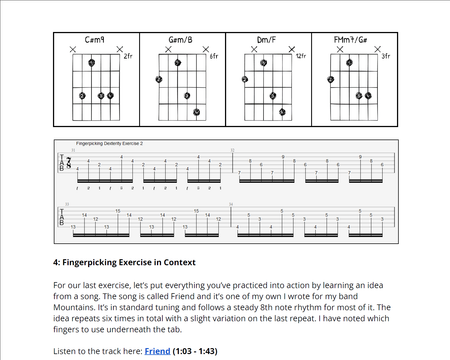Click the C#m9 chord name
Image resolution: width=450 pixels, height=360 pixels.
98,39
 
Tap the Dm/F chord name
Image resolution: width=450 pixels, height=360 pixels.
268,39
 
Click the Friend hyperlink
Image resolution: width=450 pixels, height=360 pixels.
157,351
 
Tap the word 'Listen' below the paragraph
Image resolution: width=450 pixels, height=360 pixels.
67,351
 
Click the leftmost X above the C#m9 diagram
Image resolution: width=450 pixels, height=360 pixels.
73,49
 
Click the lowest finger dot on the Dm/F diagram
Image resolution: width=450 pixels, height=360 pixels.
283,111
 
